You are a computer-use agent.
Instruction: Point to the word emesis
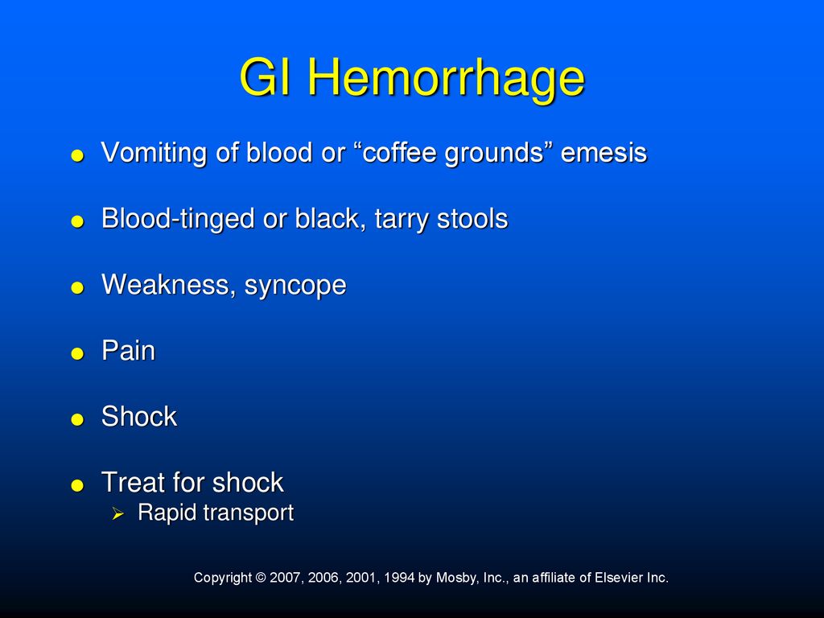click(604, 153)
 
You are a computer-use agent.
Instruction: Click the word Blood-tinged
click(178, 219)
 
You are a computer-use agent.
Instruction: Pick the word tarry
click(402, 220)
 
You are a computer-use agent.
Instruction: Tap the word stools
click(472, 219)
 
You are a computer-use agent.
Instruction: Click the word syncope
click(295, 286)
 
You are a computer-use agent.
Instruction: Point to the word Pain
click(128, 351)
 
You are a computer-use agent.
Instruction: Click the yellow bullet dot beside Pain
click(77, 354)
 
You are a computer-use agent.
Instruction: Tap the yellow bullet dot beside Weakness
click(77, 287)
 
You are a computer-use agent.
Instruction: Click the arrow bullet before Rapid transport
click(117, 514)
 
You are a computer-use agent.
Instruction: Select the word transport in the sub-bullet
click(248, 513)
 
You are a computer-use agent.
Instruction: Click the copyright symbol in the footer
click(261, 578)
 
